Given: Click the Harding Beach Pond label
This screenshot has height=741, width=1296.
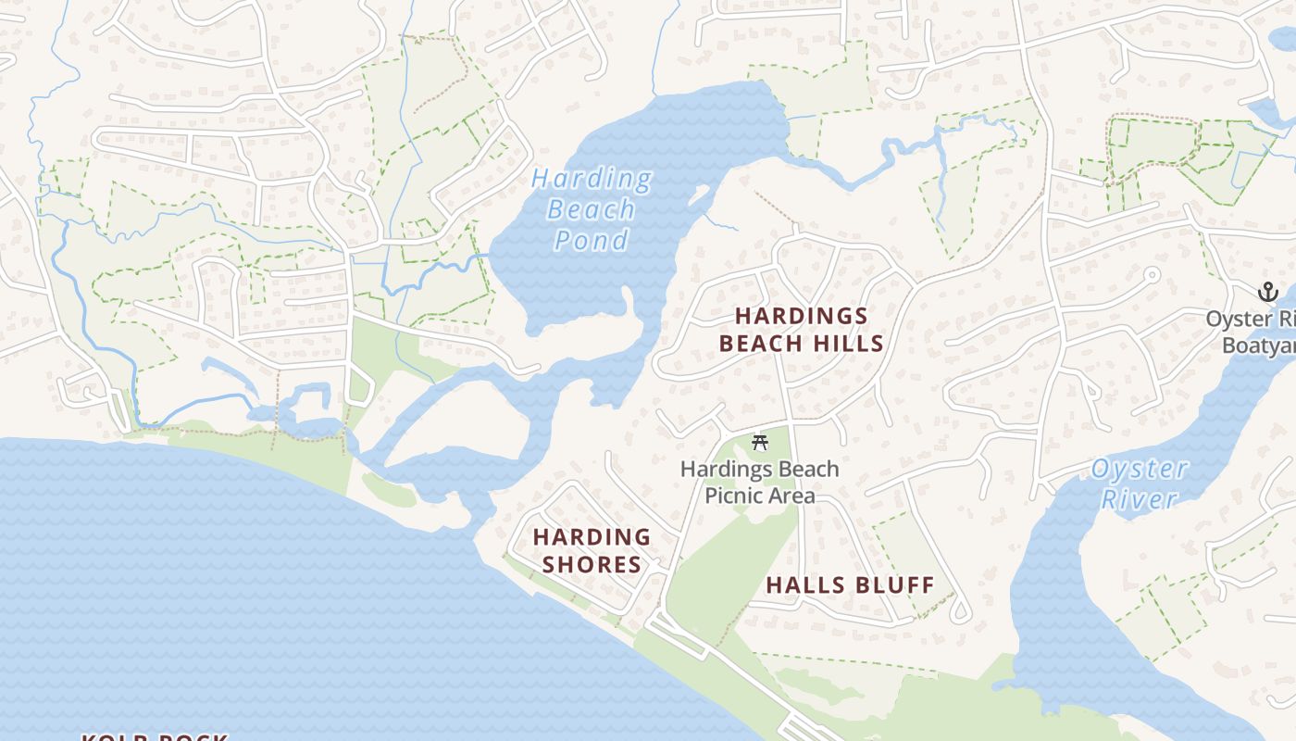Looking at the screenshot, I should [x=591, y=209].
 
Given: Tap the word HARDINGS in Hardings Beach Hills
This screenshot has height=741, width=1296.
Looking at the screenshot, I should [x=802, y=316].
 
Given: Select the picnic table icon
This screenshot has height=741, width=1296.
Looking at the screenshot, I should [x=760, y=443].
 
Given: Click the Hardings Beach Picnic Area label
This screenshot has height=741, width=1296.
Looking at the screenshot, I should [x=760, y=482].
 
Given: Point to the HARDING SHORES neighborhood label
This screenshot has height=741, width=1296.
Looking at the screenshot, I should [x=592, y=550].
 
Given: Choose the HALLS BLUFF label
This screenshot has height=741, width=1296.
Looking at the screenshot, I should [x=850, y=584].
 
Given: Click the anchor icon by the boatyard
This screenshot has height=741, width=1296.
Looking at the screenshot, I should [x=1267, y=293].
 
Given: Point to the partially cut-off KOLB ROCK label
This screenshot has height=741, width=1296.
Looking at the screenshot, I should [x=155, y=736].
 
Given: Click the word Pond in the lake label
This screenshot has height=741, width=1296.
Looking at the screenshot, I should [x=591, y=241].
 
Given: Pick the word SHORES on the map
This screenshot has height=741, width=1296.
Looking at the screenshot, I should [x=592, y=564].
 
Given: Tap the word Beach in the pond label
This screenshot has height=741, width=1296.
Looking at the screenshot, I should [x=591, y=209].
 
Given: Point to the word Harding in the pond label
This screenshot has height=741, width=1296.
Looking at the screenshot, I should [x=591, y=178].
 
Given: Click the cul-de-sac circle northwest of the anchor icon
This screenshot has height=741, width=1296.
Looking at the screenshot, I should [x=1152, y=275].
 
